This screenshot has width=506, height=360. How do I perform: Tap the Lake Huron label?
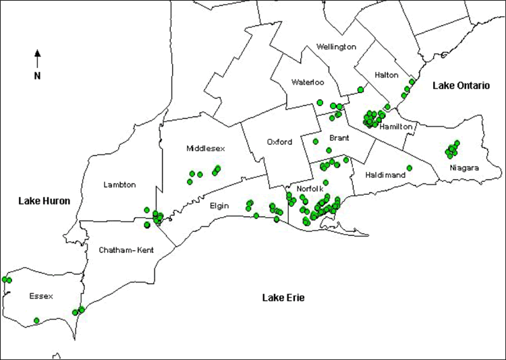pyautogui.click(x=44, y=200)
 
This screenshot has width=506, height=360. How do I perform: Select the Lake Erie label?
pyautogui.click(x=285, y=297)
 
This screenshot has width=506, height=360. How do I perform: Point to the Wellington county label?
pyautogui.click(x=336, y=47)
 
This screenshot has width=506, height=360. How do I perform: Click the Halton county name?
pyautogui.click(x=387, y=75)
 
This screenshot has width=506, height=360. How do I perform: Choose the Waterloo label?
pyautogui.click(x=308, y=82)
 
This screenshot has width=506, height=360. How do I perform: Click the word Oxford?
pyautogui.click(x=279, y=142)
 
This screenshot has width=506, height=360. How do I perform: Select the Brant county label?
pyautogui.click(x=339, y=138)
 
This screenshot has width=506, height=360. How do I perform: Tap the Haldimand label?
pyautogui.click(x=385, y=175)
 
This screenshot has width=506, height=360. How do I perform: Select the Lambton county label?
pyautogui.click(x=120, y=185)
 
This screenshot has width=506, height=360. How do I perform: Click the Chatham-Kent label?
pyautogui.click(x=126, y=250)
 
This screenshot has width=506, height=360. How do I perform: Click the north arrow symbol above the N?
pyautogui.click(x=38, y=57)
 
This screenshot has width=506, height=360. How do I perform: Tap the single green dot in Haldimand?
pyautogui.click(x=410, y=168)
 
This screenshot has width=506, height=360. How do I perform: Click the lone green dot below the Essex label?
pyautogui.click(x=36, y=320)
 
